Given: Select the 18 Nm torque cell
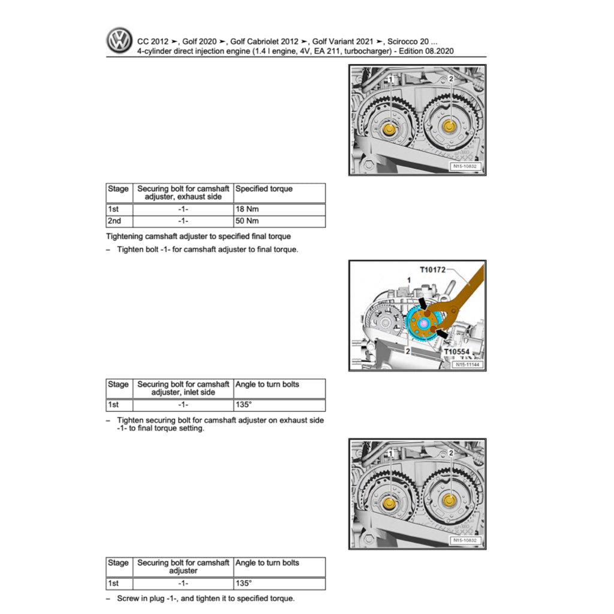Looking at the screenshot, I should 279,210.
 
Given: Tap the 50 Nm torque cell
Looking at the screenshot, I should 279,221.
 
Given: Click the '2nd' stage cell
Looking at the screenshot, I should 118,221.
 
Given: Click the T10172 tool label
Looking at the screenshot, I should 433,270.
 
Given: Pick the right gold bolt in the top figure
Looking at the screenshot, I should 449,127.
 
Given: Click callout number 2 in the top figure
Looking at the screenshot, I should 451,79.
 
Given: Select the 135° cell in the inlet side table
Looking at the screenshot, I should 279,405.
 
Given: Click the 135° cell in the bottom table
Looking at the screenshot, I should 279,583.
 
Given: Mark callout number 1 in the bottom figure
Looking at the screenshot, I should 390,453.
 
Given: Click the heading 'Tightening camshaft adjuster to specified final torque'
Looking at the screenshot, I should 198,237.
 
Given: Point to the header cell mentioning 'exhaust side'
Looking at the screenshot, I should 183,192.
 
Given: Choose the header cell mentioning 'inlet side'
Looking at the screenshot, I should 183,388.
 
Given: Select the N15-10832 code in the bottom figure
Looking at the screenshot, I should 466,541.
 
